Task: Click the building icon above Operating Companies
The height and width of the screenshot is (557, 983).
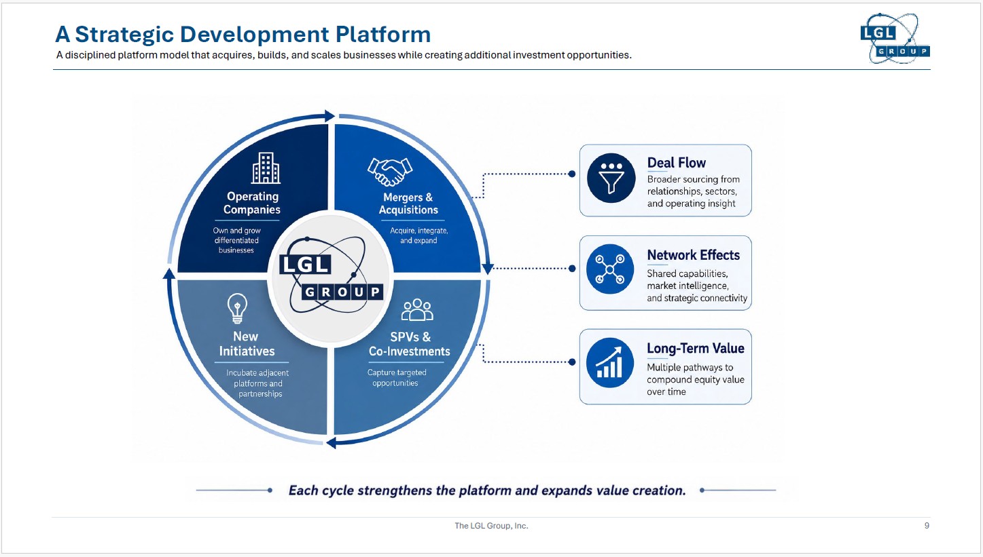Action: [x=266, y=168]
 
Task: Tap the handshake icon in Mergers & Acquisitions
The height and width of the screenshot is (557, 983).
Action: [x=390, y=172]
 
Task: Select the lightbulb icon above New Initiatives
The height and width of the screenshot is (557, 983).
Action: [x=237, y=308]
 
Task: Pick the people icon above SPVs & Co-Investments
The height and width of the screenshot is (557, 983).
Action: [x=417, y=310]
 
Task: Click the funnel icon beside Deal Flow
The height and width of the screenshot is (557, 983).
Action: [x=611, y=178]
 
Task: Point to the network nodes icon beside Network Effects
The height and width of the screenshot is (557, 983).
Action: [x=609, y=269]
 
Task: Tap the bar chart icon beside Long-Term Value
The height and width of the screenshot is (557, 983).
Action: [x=609, y=362]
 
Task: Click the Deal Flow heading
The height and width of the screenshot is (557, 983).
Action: [x=676, y=163]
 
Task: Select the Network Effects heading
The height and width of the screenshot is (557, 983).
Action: [x=694, y=254]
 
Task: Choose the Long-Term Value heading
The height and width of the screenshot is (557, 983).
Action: [x=696, y=348]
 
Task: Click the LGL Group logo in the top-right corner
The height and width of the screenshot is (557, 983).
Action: [x=895, y=39]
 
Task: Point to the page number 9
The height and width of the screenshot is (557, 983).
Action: [x=927, y=525]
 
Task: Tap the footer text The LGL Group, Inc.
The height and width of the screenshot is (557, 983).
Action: [x=491, y=525]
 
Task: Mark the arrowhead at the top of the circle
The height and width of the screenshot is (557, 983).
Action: [x=329, y=116]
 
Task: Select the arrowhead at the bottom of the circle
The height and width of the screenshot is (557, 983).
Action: [x=332, y=442]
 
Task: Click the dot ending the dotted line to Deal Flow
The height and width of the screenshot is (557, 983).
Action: [x=572, y=174]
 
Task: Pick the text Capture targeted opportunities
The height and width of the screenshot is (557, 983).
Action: [x=396, y=378]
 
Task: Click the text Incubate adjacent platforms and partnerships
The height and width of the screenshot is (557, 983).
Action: [x=258, y=383]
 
